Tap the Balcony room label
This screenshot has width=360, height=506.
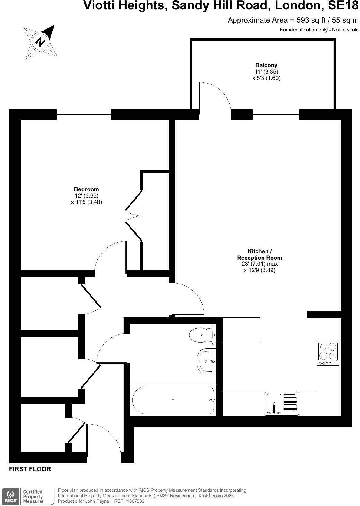pos(266,65)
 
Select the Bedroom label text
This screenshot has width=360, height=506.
pos(86,189)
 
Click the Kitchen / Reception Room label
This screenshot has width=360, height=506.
pos(259,255)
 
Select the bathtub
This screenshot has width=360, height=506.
pos(173,400)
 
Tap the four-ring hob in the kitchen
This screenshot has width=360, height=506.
pos(328,353)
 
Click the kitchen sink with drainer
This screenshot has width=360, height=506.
pos(282,404)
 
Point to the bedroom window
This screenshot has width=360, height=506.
pos(84,114)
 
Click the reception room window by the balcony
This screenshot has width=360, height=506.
pos(276,114)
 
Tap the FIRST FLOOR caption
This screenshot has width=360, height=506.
pos(30,469)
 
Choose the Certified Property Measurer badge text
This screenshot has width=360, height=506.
pos(33,496)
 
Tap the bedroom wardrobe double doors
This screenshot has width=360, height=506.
pos(134,216)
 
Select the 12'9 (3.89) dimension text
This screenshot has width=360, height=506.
pos(259,270)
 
